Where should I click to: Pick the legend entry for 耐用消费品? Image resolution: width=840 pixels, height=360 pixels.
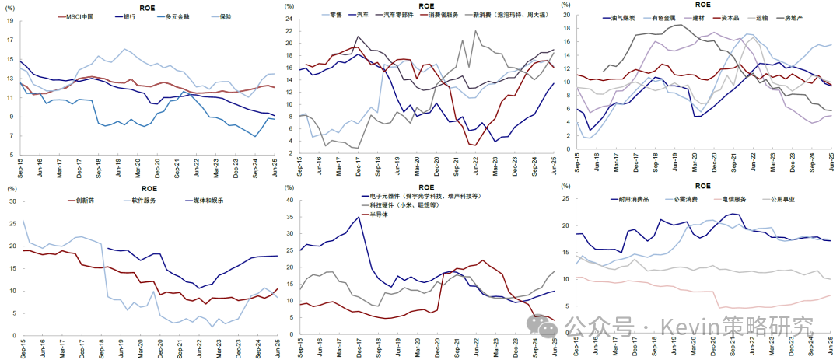click(x=630, y=199)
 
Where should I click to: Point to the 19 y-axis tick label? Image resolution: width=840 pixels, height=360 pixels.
click(x=10, y=21)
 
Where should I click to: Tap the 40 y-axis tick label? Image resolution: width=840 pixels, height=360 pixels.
click(x=289, y=200)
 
